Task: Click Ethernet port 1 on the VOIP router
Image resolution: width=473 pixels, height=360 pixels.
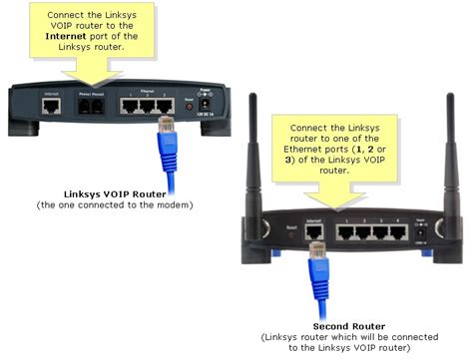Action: (130, 103)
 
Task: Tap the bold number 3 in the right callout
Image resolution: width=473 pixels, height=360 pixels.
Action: (293, 160)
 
